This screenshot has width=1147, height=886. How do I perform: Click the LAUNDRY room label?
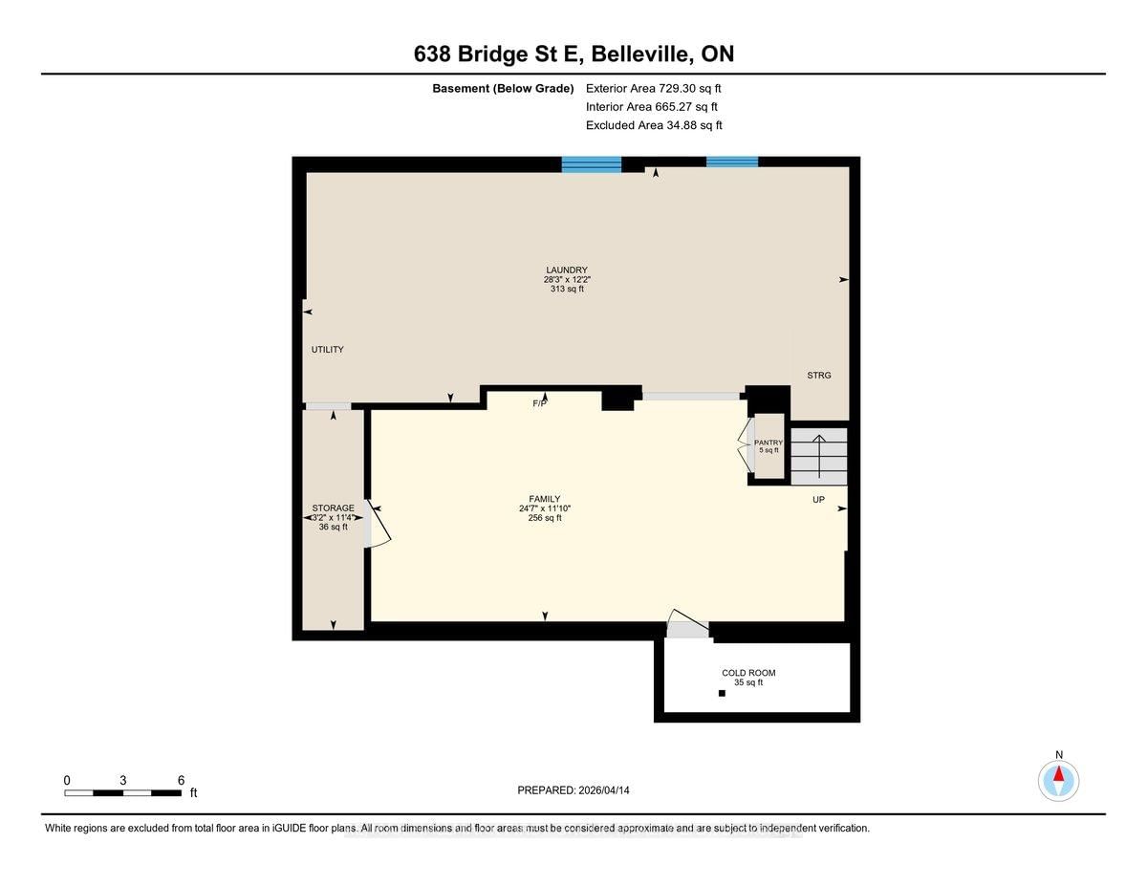pyautogui.click(x=567, y=270)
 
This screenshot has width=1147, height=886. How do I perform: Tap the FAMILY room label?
pyautogui.click(x=545, y=499)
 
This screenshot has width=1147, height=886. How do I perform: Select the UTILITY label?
pyautogui.click(x=327, y=349)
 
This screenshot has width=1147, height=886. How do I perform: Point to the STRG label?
pyautogui.click(x=819, y=376)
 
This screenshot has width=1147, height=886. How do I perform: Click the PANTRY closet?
pyautogui.click(x=768, y=446)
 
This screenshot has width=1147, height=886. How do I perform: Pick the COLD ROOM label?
pyautogui.click(x=748, y=673)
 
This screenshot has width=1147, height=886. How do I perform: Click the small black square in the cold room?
pyautogui.click(x=722, y=693)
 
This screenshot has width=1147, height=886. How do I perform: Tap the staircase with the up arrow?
pyautogui.click(x=819, y=456)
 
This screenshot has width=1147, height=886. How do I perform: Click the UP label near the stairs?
pyautogui.click(x=818, y=499)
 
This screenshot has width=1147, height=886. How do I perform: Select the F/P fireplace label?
pyautogui.click(x=539, y=403)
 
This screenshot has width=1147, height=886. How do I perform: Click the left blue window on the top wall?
pyautogui.click(x=591, y=164)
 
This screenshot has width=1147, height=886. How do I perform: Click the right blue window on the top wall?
pyautogui.click(x=732, y=162)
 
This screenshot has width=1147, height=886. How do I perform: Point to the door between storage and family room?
pyautogui.click(x=377, y=524)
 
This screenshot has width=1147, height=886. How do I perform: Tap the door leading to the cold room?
pyautogui.click(x=688, y=624)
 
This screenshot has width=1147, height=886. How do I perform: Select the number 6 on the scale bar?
pyautogui.click(x=181, y=780)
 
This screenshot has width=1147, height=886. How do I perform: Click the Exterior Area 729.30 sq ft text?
pyautogui.click(x=654, y=88)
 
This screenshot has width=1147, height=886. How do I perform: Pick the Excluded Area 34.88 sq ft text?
pyautogui.click(x=654, y=125)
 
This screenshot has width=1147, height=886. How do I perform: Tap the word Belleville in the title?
pyautogui.click(x=640, y=54)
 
